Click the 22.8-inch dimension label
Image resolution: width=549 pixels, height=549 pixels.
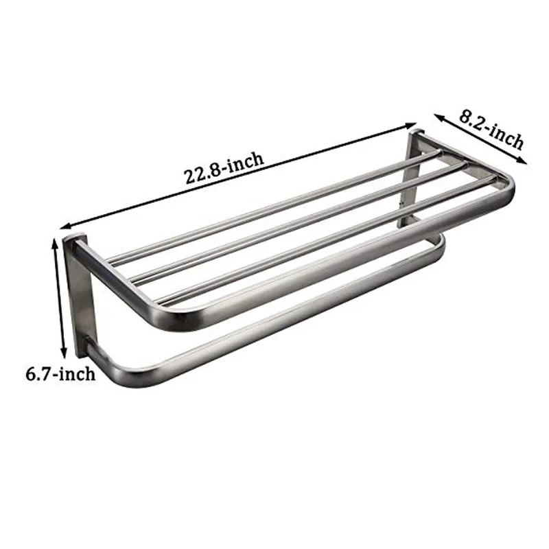(224, 167)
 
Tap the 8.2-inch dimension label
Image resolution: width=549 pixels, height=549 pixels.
(491, 130)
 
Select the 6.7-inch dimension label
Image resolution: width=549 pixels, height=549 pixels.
(60, 373)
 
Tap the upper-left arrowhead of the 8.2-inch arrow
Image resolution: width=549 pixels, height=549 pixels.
(439, 117)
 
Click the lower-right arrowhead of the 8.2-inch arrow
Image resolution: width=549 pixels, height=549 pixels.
(522, 161)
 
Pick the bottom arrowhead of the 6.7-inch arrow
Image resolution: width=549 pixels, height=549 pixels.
(63, 353)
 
